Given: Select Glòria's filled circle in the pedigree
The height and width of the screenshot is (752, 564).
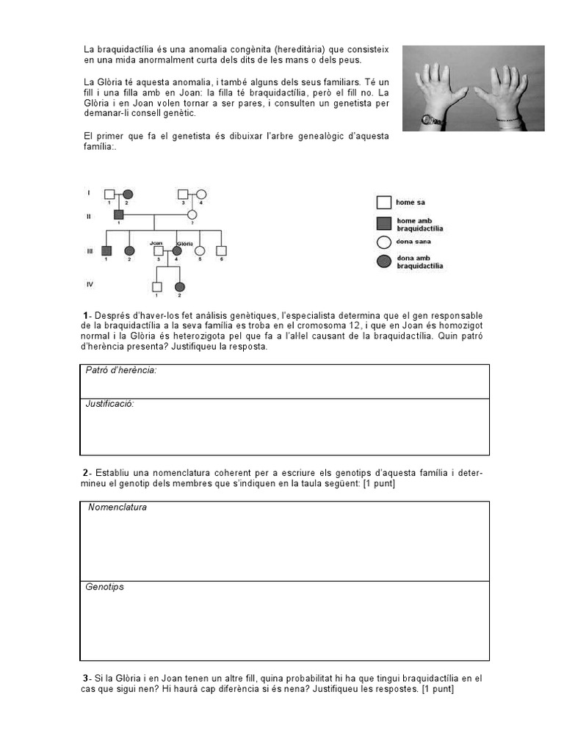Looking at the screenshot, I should click(177, 251).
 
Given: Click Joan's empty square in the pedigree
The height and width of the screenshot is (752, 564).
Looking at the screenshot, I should click(158, 251).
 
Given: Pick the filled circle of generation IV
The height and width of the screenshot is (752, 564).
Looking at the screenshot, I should click(180, 286).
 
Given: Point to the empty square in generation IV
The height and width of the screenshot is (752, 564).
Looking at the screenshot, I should click(156, 286).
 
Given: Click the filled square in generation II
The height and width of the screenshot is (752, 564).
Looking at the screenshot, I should click(119, 214).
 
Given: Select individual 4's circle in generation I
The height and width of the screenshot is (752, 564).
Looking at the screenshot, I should click(200, 194).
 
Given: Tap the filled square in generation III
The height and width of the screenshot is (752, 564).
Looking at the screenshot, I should click(107, 251).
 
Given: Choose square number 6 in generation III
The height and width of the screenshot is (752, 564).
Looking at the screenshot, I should click(221, 251).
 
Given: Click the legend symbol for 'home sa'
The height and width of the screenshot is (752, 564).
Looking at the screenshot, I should click(383, 203).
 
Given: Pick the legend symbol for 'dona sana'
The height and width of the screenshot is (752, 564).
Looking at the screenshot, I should click(383, 242).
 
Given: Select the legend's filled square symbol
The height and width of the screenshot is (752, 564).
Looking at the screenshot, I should click(383, 223).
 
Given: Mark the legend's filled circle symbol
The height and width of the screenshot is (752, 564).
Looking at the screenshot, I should click(383, 262).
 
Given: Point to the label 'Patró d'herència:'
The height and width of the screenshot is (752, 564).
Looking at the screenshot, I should click(121, 371).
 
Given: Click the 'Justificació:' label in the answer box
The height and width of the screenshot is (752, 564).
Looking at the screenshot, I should click(110, 404).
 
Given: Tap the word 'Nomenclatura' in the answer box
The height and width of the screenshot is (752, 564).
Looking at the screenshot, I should click(117, 507).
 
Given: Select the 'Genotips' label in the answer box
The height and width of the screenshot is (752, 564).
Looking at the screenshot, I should click(105, 587).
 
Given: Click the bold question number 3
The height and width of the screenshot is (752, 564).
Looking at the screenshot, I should click(85, 679).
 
